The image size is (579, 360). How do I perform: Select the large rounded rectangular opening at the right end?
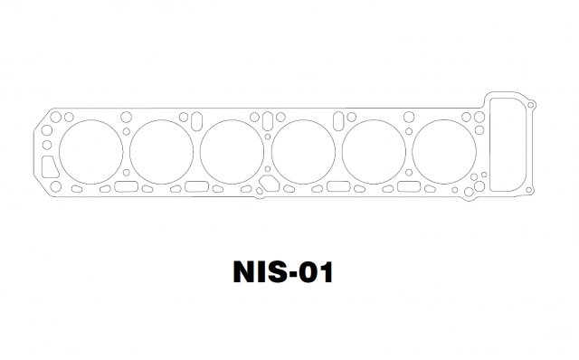pyautogui.click(x=490, y=145)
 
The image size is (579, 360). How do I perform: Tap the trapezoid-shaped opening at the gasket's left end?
pyautogui.click(x=43, y=167)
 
